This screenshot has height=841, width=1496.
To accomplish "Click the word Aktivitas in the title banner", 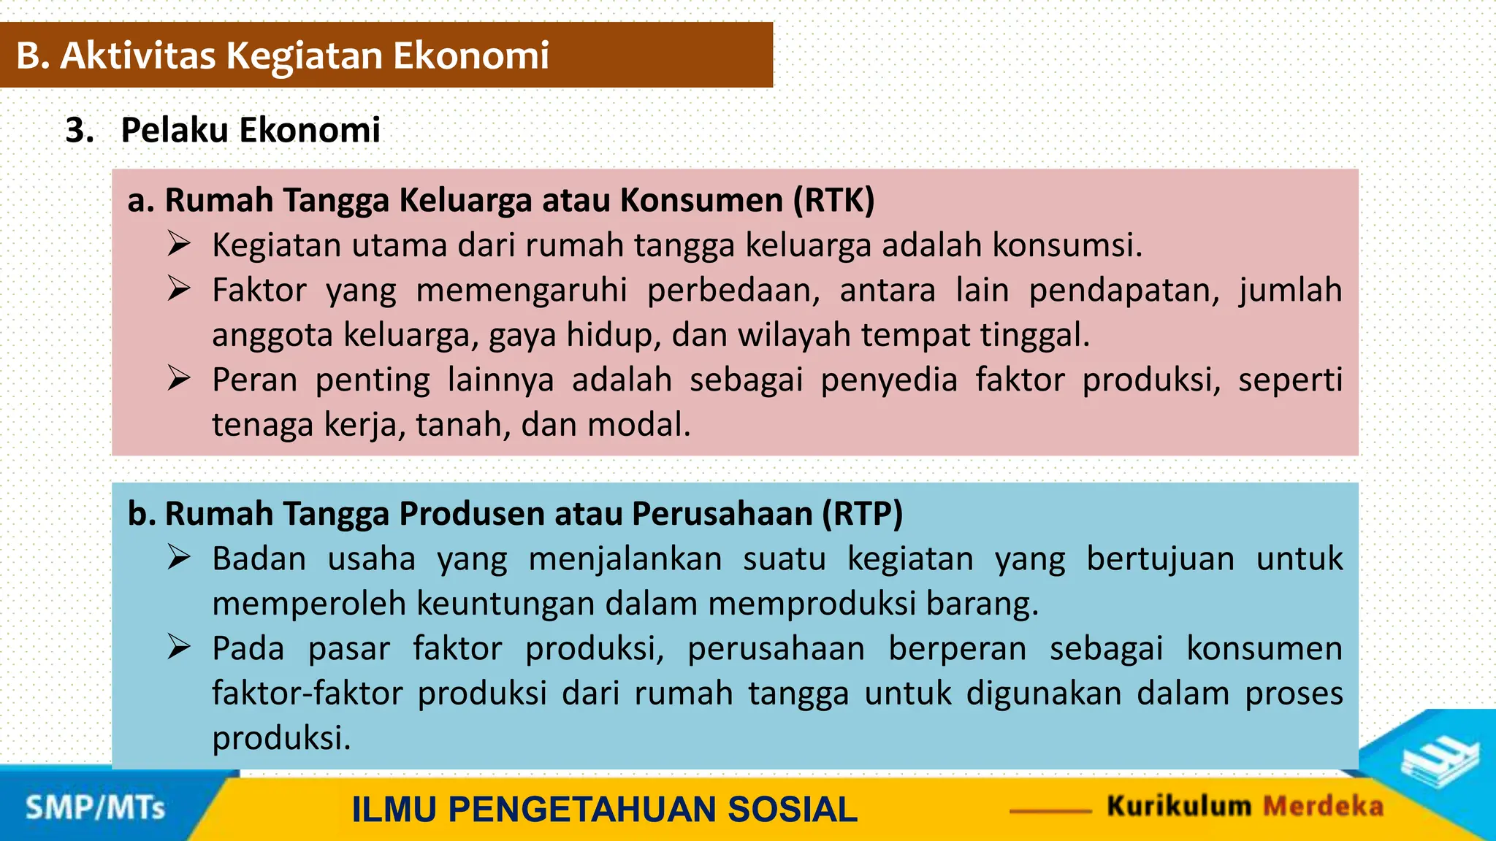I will [138, 55].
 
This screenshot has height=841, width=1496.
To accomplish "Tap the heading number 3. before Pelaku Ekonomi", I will [80, 131].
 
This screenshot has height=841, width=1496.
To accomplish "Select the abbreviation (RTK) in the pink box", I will [833, 200].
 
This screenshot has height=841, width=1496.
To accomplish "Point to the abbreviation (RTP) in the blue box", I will [862, 514].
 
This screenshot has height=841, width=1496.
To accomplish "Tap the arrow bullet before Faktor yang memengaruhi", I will [178, 288].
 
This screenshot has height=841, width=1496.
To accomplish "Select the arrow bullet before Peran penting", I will [178, 378].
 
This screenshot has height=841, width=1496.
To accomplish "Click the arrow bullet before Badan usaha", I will [178, 558].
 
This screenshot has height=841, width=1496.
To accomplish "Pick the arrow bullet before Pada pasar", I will [178, 648].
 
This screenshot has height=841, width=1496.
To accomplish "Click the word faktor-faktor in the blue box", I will [307, 694].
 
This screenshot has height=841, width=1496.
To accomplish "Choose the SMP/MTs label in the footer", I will [96, 808].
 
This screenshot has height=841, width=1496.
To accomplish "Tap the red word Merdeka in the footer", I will [1323, 806].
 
